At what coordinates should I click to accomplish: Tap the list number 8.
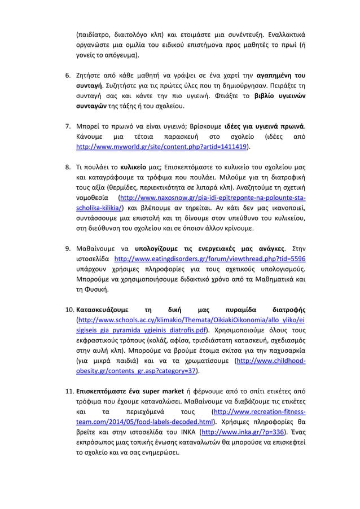65,168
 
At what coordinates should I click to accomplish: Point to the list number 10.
67,310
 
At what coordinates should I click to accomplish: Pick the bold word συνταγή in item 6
90,86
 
